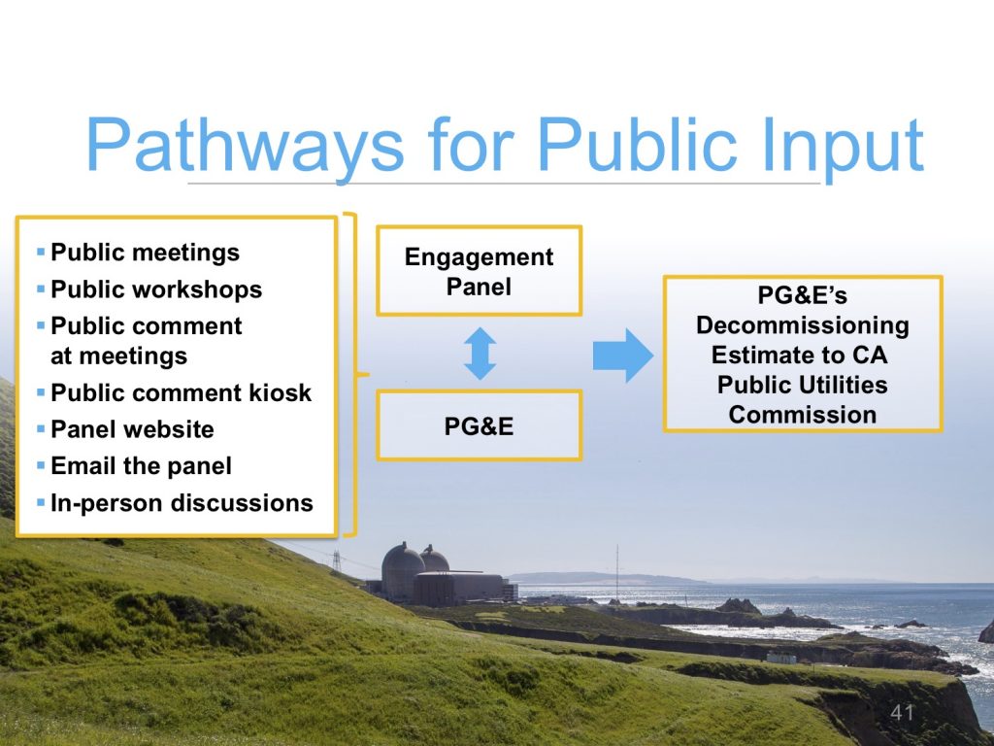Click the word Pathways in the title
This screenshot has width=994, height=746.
click(x=243, y=145)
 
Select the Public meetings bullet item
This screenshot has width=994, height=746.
click(x=145, y=253)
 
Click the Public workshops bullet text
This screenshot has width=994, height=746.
click(x=156, y=289)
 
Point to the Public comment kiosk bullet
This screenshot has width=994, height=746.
click(x=181, y=392)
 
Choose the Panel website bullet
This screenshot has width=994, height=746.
click(x=132, y=429)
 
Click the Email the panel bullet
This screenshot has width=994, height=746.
click(x=141, y=466)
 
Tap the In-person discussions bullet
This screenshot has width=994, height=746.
click(x=182, y=503)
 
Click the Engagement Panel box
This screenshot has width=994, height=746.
click(x=479, y=271)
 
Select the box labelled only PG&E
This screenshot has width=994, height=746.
click(x=479, y=425)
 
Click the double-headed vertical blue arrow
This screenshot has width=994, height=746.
click(x=480, y=354)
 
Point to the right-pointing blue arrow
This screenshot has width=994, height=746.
click(x=622, y=355)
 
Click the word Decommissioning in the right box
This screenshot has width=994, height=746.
click(x=802, y=324)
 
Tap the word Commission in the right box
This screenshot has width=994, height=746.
click(x=802, y=415)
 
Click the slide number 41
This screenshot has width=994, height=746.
click(x=903, y=714)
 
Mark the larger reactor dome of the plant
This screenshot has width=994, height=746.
click(x=402, y=566)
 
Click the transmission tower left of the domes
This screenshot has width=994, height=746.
click(x=338, y=560)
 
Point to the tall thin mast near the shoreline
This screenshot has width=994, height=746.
click(x=616, y=572)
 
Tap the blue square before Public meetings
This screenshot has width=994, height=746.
click(x=41, y=253)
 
